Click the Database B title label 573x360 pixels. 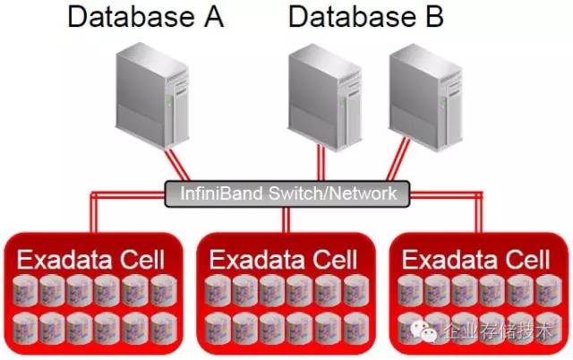coord(366,17)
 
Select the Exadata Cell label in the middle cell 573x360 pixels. coord(284,261)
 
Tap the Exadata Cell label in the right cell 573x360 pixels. coord(476,261)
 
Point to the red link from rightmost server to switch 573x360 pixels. coord(396,167)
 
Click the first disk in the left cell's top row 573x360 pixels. coord(26,290)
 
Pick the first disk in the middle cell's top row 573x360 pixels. coord(218,290)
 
